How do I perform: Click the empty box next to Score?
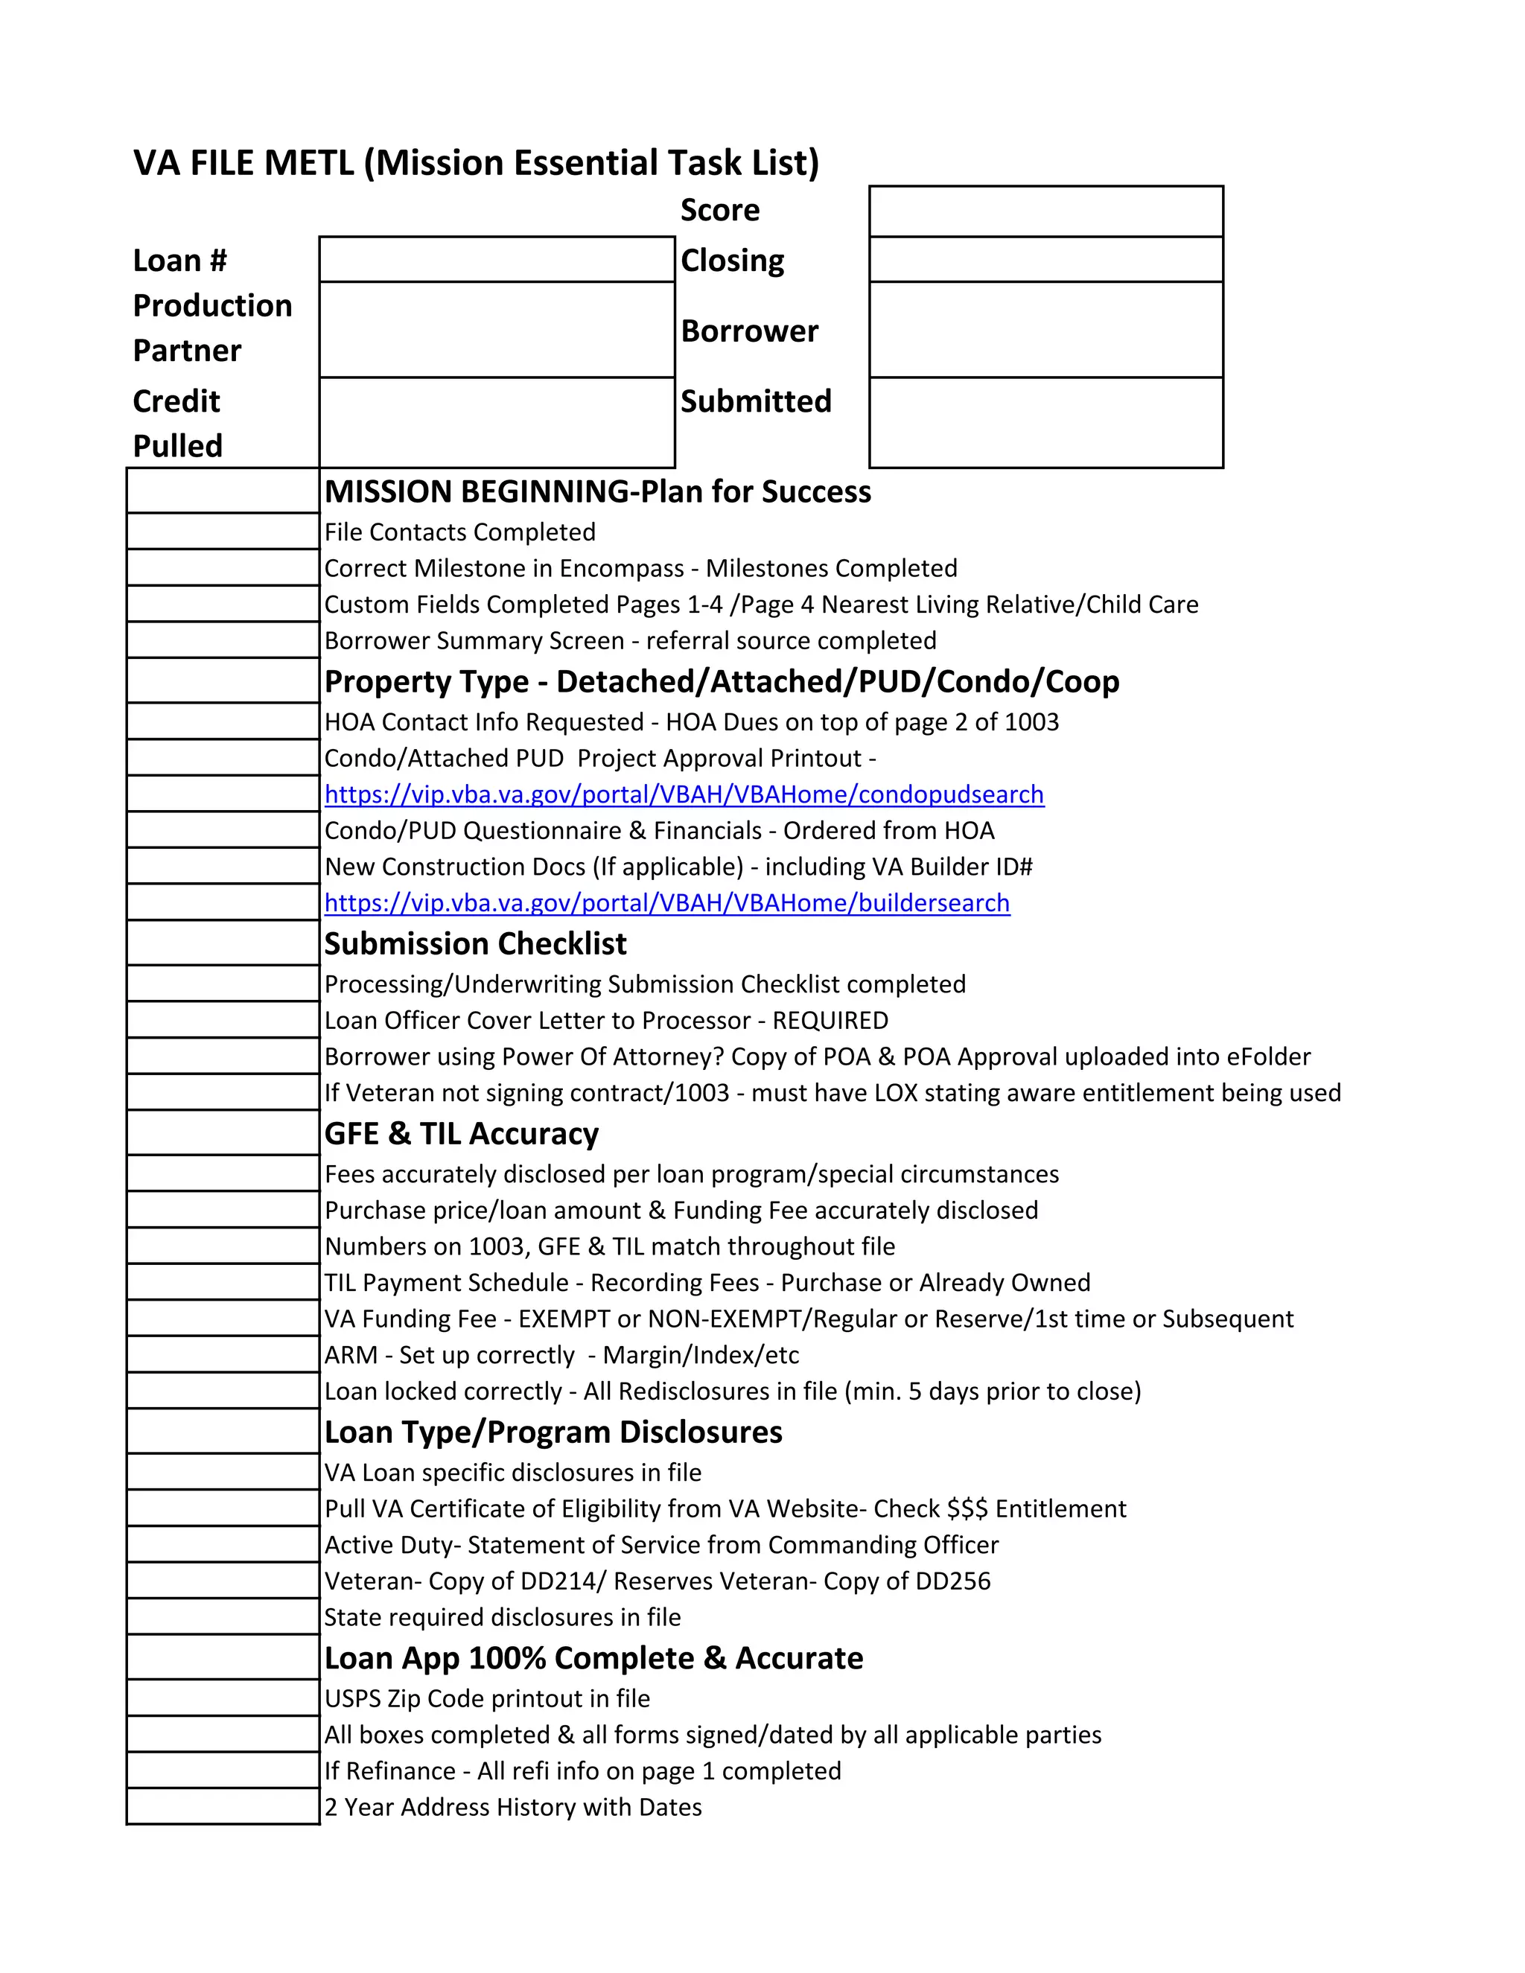(x=1045, y=211)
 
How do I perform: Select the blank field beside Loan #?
(x=497, y=259)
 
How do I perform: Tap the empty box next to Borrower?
(x=1045, y=330)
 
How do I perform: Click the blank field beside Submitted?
(x=1045, y=422)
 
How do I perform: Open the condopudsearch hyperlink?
(x=684, y=794)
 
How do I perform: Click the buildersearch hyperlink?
(x=666, y=902)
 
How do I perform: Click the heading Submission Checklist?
(x=475, y=943)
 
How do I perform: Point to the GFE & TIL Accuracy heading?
(x=461, y=1133)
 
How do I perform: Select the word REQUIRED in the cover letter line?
(x=830, y=1020)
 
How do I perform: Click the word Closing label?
(x=732, y=260)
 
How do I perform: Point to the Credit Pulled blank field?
(x=497, y=422)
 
